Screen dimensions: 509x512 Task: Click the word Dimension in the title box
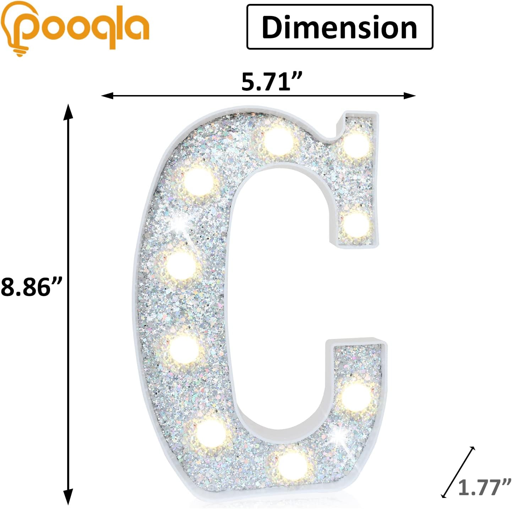coord(339,27)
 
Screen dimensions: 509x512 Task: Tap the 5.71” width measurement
coord(272,82)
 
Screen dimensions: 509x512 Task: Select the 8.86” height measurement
coord(31,287)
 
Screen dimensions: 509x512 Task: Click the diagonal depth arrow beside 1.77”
coord(458,472)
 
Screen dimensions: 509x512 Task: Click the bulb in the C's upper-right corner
coord(356,145)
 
